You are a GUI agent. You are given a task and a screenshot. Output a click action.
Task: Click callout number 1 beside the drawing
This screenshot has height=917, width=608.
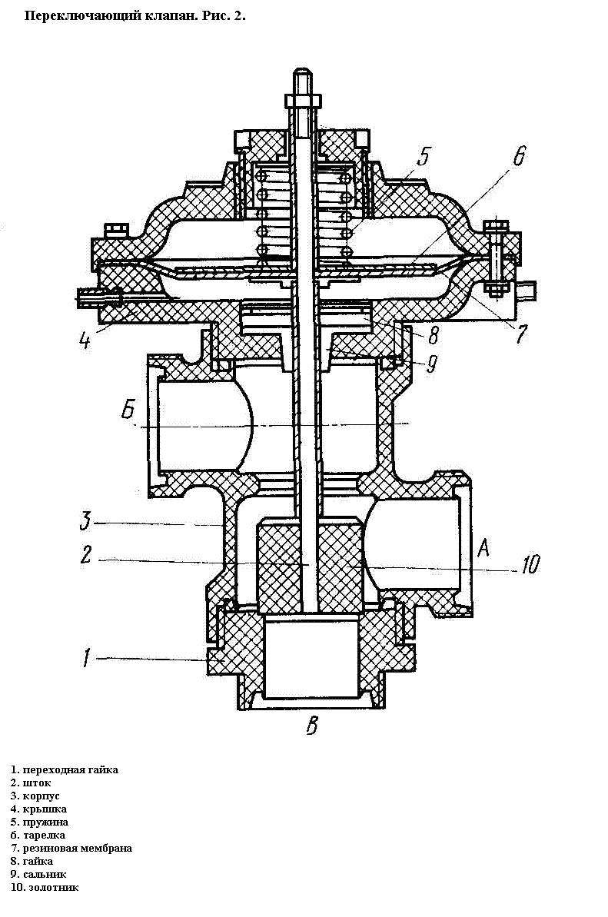(87, 658)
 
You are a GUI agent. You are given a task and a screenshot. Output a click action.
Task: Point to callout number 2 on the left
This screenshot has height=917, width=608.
(86, 554)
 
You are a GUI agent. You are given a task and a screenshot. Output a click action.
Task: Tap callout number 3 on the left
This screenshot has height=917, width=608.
(86, 520)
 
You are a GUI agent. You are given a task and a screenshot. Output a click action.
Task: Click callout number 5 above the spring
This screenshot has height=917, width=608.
(423, 156)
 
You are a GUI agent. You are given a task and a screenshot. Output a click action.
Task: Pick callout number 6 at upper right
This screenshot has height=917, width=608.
(519, 155)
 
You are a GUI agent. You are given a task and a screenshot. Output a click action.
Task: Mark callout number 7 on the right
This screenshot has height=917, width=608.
(521, 334)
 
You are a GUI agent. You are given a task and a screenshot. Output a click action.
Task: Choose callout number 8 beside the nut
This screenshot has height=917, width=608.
(434, 336)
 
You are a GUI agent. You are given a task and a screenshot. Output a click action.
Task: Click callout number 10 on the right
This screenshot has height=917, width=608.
(530, 564)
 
